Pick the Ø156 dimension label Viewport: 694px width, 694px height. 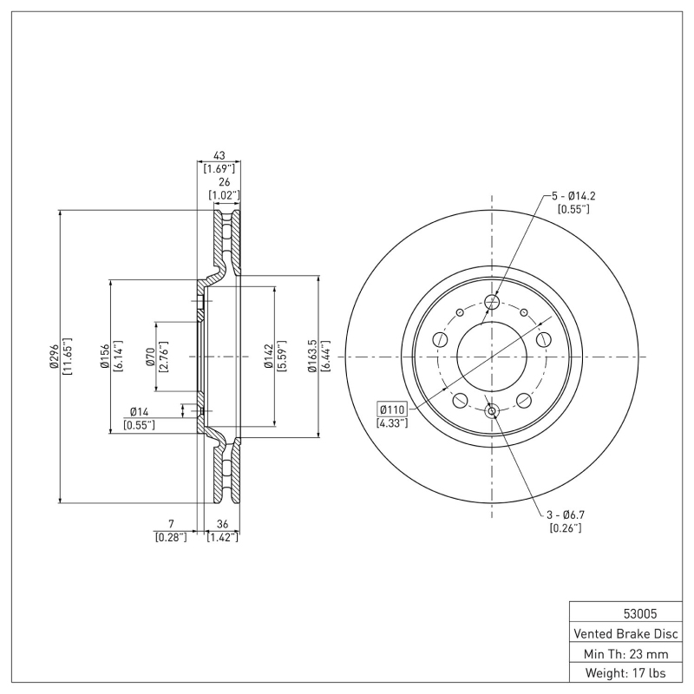[x=103, y=357]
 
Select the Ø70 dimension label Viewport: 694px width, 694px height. [x=150, y=357]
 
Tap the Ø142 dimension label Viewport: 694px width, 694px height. [x=269, y=357]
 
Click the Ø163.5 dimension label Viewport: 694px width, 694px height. [x=313, y=357]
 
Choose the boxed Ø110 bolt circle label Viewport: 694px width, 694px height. [x=392, y=409]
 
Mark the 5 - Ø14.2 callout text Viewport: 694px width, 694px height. [x=573, y=196]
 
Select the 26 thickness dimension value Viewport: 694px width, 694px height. [x=225, y=182]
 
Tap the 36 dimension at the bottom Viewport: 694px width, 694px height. [x=222, y=524]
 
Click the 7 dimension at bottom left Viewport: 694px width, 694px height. [x=171, y=524]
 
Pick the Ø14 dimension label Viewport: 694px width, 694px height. [x=140, y=411]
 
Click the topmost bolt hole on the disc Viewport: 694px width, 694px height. [x=493, y=302]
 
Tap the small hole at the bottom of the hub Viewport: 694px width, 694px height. [x=493, y=411]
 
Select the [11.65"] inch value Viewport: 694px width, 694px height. [x=66, y=357]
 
